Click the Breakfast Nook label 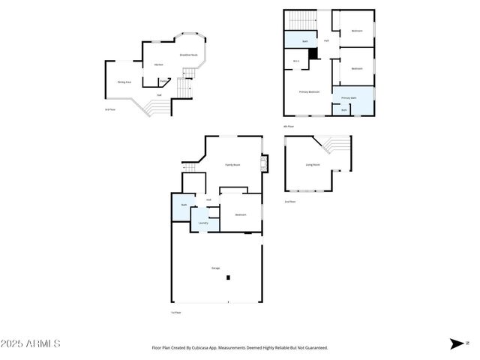(188, 55)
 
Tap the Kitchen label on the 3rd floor (158, 65)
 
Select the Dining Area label (124, 82)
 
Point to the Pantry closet (163, 81)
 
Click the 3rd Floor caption (109, 109)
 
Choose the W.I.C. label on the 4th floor (295, 61)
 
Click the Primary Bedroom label (309, 91)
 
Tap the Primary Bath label (349, 98)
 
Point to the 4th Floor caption (289, 127)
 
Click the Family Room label (232, 164)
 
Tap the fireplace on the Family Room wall (262, 163)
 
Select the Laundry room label (202, 223)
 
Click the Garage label (215, 267)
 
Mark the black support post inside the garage (229, 278)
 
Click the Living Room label (312, 164)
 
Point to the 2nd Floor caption (289, 202)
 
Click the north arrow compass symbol (457, 343)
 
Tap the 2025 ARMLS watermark (31, 343)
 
